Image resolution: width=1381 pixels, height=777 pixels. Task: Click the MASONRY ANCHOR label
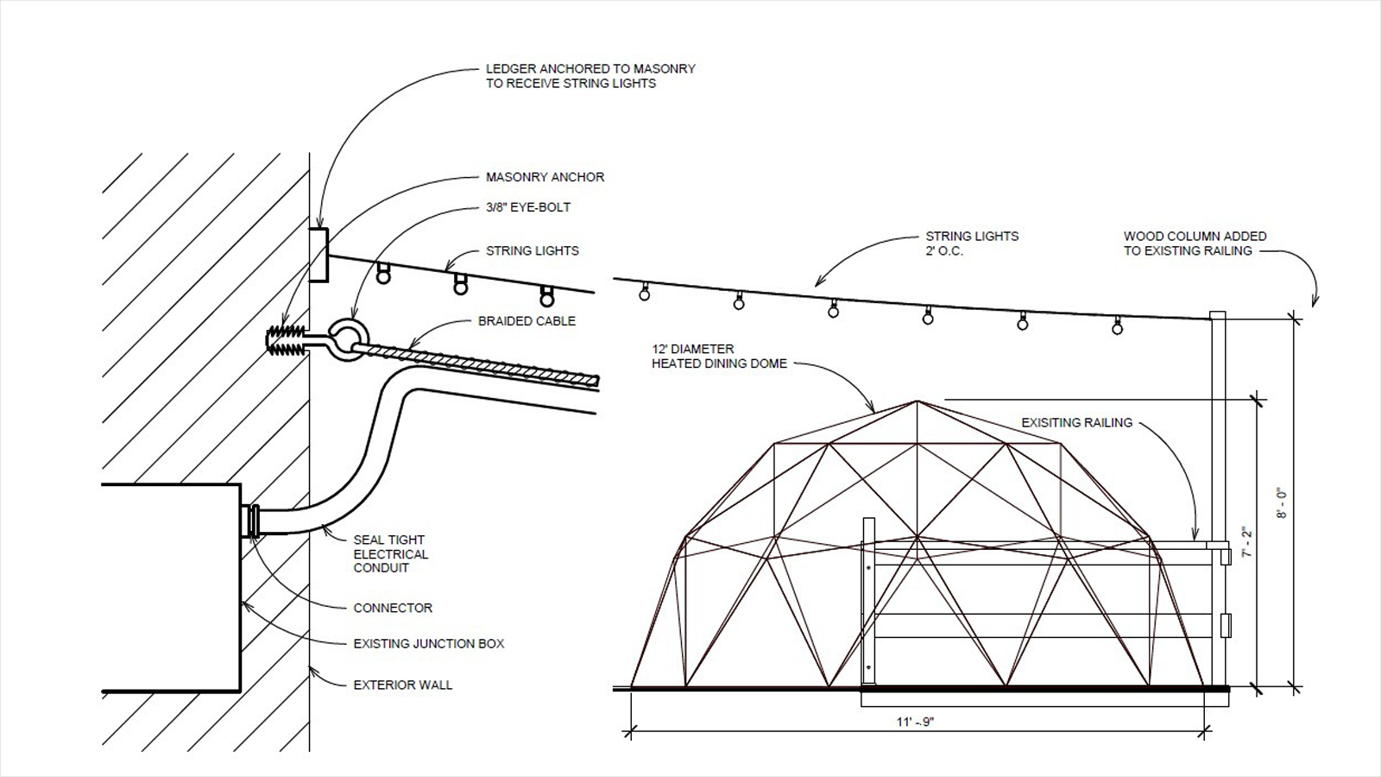click(545, 178)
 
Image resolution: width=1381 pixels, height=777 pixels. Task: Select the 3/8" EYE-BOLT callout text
click(527, 207)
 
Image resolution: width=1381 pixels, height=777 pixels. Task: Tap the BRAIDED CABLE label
click(527, 321)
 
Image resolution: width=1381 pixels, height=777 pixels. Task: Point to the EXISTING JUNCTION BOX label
click(428, 644)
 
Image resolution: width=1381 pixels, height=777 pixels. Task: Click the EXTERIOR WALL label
click(402, 685)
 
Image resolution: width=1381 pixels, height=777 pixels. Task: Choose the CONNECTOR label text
click(393, 608)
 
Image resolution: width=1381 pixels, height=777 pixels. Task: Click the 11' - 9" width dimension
click(915, 722)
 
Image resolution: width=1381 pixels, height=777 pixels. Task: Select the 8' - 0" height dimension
click(1283, 503)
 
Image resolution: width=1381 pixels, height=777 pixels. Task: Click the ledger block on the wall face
click(318, 256)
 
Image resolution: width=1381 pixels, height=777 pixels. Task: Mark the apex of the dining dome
click(917, 401)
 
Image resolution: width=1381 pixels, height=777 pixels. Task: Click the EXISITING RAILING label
click(1076, 423)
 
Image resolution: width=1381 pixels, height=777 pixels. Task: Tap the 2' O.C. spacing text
click(943, 251)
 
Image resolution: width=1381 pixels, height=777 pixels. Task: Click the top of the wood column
click(1217, 313)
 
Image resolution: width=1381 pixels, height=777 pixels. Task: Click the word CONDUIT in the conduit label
click(381, 568)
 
